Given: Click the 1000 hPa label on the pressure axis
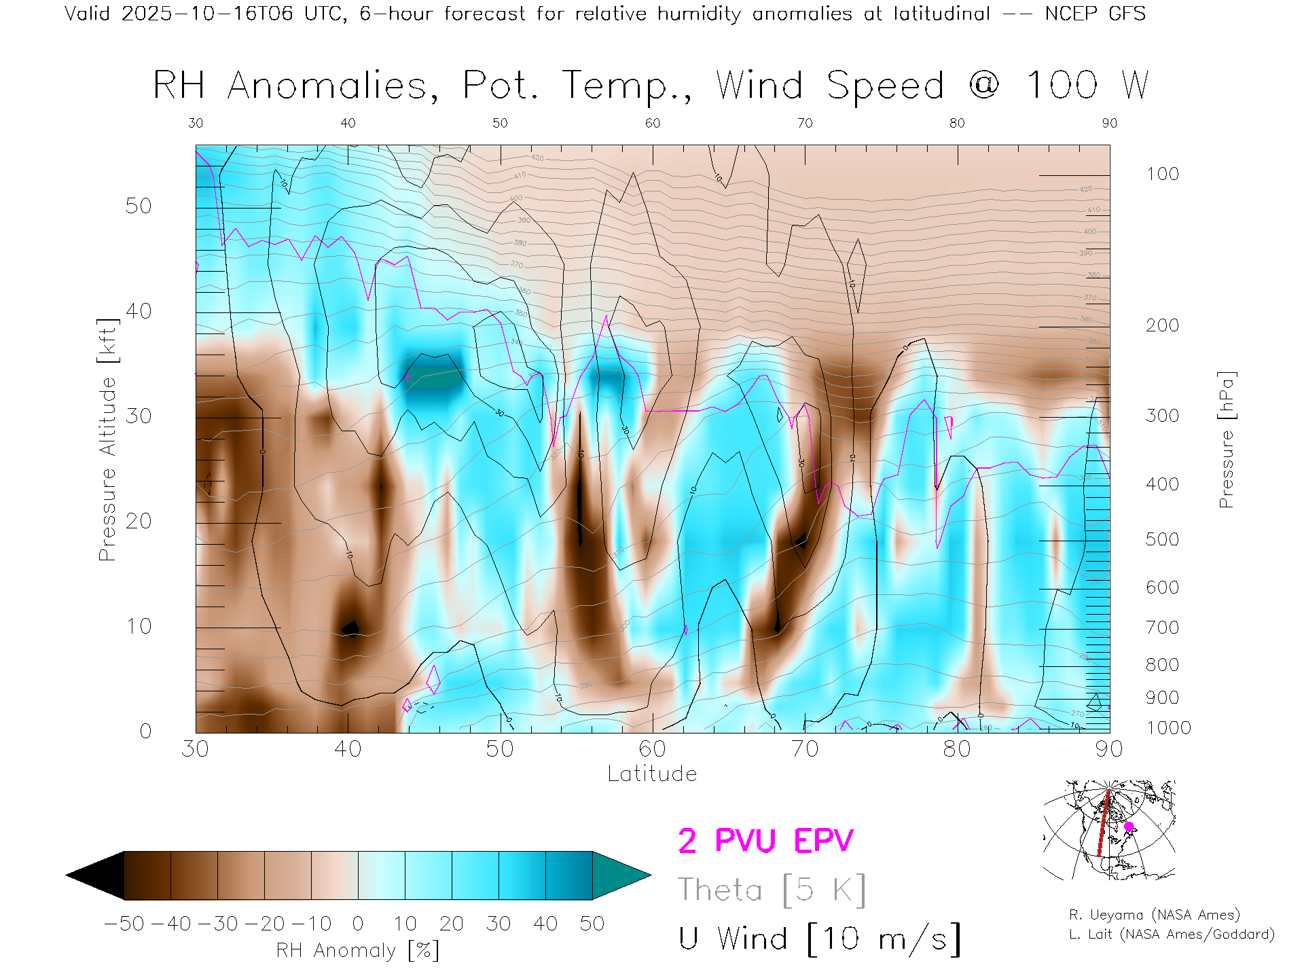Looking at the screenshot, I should [x=1168, y=728].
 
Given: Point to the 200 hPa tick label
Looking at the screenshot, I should [x=1162, y=325].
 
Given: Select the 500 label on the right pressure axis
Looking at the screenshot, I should [x=1162, y=539].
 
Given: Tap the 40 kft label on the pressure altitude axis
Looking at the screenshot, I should [x=139, y=311].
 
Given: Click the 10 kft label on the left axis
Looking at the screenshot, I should [x=139, y=626].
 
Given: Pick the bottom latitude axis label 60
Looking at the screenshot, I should [x=652, y=749].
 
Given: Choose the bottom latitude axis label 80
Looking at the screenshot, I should [x=956, y=749].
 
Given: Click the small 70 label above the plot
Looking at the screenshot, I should [x=805, y=123].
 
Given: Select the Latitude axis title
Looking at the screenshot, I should [x=652, y=774].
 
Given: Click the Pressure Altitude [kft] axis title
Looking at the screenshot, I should [x=107, y=439].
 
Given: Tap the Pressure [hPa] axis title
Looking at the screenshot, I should [x=1226, y=439].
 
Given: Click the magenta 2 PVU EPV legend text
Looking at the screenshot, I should [x=765, y=841].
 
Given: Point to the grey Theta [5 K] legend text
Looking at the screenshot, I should [x=772, y=890].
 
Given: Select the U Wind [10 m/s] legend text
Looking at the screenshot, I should [x=819, y=939].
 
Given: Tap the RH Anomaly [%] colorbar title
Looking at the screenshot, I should [x=357, y=950].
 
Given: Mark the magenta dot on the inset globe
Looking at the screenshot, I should [x=1129, y=827].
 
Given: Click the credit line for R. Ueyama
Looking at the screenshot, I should [x=1154, y=915].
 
